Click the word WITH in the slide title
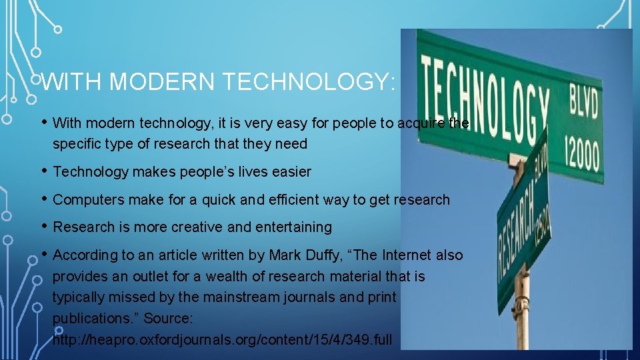[x=73, y=82]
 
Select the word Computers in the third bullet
[x=85, y=199]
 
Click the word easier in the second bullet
[x=290, y=171]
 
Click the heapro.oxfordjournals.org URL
[x=223, y=339]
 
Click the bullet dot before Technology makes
[x=44, y=170]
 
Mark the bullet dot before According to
[x=44, y=253]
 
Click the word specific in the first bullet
[x=75, y=143]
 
